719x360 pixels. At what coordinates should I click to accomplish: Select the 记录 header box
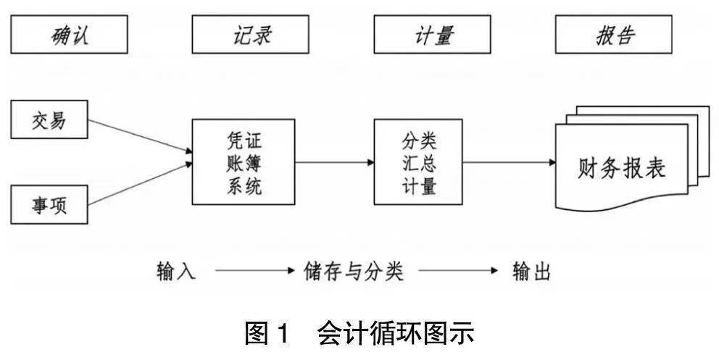pos(252,35)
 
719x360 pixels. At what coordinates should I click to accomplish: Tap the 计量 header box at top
pos(433,35)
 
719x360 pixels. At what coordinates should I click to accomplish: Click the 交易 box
pos(49,120)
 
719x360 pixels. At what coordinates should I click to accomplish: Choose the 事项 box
pos(49,203)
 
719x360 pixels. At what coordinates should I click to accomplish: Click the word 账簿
pos(243,162)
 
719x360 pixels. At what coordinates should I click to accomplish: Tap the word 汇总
pos(419,162)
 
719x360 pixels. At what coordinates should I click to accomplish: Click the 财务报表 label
pos(621,168)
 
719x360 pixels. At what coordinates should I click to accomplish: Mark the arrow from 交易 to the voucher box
pos(140,135)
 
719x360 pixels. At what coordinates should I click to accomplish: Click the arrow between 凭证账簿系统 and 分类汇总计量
pos(334,162)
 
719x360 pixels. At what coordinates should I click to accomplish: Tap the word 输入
pos(176,272)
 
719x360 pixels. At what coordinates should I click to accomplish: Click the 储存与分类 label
pos(354,272)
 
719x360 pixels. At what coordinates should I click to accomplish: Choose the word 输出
pos(531,272)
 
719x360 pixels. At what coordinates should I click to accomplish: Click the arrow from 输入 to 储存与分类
pos(251,272)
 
